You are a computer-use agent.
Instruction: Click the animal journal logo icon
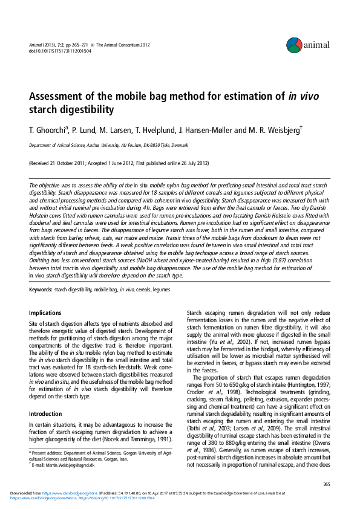295,43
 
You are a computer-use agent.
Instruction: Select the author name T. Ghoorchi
50,131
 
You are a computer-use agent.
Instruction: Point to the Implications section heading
46,313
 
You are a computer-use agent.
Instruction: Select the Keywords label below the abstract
41,290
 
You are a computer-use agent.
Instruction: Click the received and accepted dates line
119,163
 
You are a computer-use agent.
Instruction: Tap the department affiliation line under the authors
109,146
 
